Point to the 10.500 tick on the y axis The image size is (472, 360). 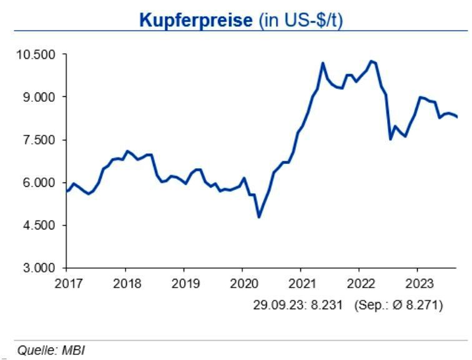[x=35, y=55]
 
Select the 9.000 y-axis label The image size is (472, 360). [x=38, y=97]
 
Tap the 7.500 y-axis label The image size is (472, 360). [x=38, y=140]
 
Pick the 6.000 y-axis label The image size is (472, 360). [x=38, y=183]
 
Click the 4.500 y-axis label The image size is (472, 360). [x=38, y=226]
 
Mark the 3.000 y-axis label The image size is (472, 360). [x=38, y=268]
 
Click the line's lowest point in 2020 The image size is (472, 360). [x=258, y=217]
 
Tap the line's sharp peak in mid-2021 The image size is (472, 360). [x=323, y=63]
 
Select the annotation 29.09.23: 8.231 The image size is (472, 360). [x=299, y=306]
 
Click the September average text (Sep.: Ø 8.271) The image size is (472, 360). [x=398, y=306]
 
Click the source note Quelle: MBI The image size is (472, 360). [x=51, y=351]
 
